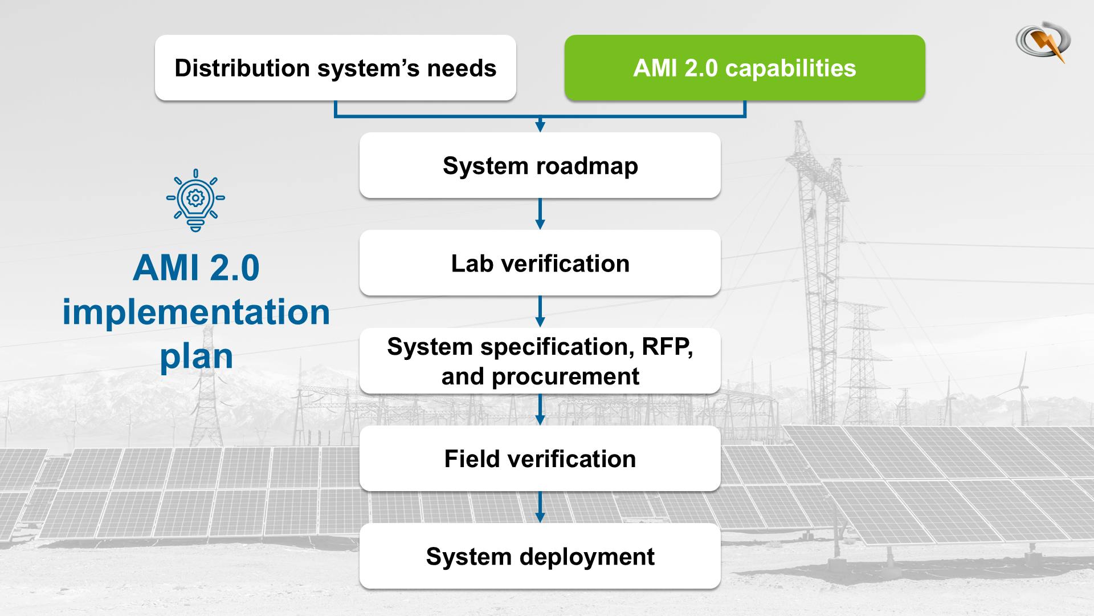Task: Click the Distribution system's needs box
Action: pos(335,68)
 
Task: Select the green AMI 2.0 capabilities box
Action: pos(744,68)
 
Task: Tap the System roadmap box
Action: pos(540,165)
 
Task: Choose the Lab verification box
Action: pos(540,263)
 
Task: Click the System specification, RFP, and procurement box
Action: pos(540,361)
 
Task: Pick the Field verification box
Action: pos(540,459)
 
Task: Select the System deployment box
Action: pos(540,556)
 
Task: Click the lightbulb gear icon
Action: pos(195,200)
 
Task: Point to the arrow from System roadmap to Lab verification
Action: pos(540,214)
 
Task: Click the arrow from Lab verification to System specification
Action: pos(540,311)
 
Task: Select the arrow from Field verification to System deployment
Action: pos(540,507)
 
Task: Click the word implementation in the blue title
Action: pos(196,313)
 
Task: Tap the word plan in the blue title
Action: pos(196,357)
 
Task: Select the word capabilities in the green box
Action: pos(790,68)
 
